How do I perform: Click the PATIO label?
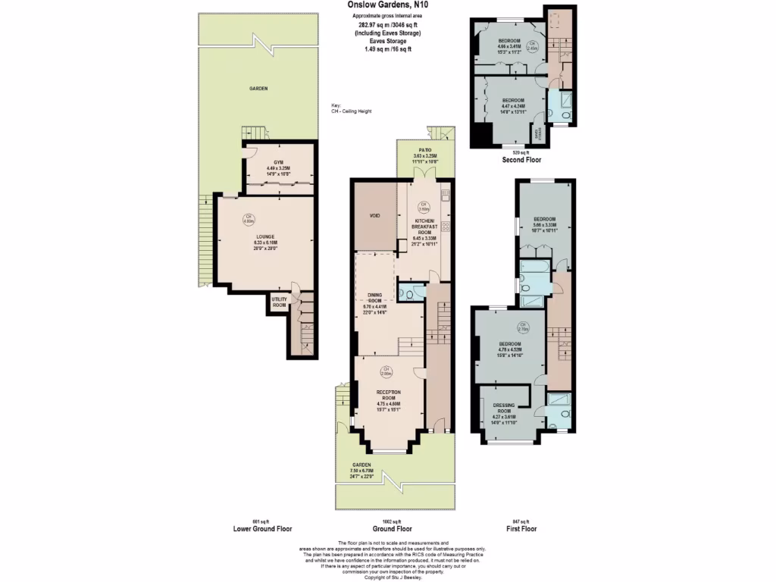point(424,151)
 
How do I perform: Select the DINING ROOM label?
point(374,295)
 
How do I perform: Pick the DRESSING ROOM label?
point(504,405)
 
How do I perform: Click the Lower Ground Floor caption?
point(261,529)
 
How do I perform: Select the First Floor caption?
point(521,529)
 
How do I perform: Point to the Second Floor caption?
point(521,161)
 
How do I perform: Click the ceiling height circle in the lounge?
point(247,221)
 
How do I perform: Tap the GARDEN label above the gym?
point(259,89)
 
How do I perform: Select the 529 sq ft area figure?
point(521,152)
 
